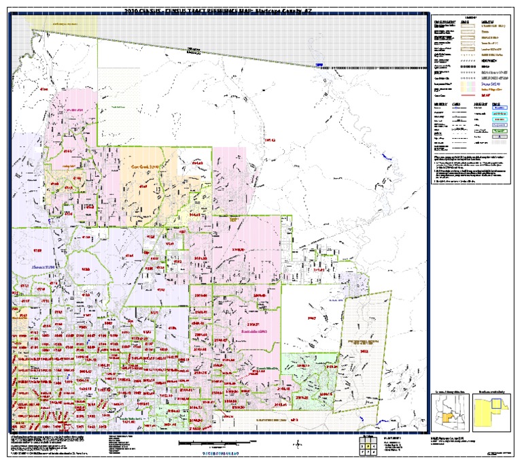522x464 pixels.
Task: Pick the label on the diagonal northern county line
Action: pyautogui.click(x=194, y=49)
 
